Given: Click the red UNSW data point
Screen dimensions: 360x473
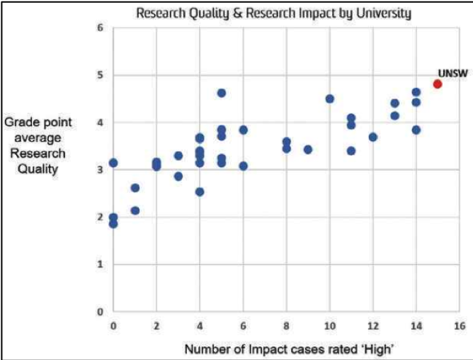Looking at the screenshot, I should pos(438,84).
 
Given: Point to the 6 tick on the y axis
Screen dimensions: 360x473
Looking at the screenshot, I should pos(101,28).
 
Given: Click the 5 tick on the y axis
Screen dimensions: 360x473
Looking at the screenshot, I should pos(101,75).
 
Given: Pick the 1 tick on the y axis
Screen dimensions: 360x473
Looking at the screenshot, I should pos(101,264).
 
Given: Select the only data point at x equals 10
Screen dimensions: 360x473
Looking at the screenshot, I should pos(329,99).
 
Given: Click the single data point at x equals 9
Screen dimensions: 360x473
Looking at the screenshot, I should pos(308,150).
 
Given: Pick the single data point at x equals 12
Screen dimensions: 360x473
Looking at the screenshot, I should pos(373,137).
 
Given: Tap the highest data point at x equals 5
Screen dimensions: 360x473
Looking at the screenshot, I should pos(222,93).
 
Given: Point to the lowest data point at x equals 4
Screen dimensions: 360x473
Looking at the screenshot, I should pos(200,191).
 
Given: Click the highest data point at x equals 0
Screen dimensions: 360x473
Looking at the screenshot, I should pos(113,163).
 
